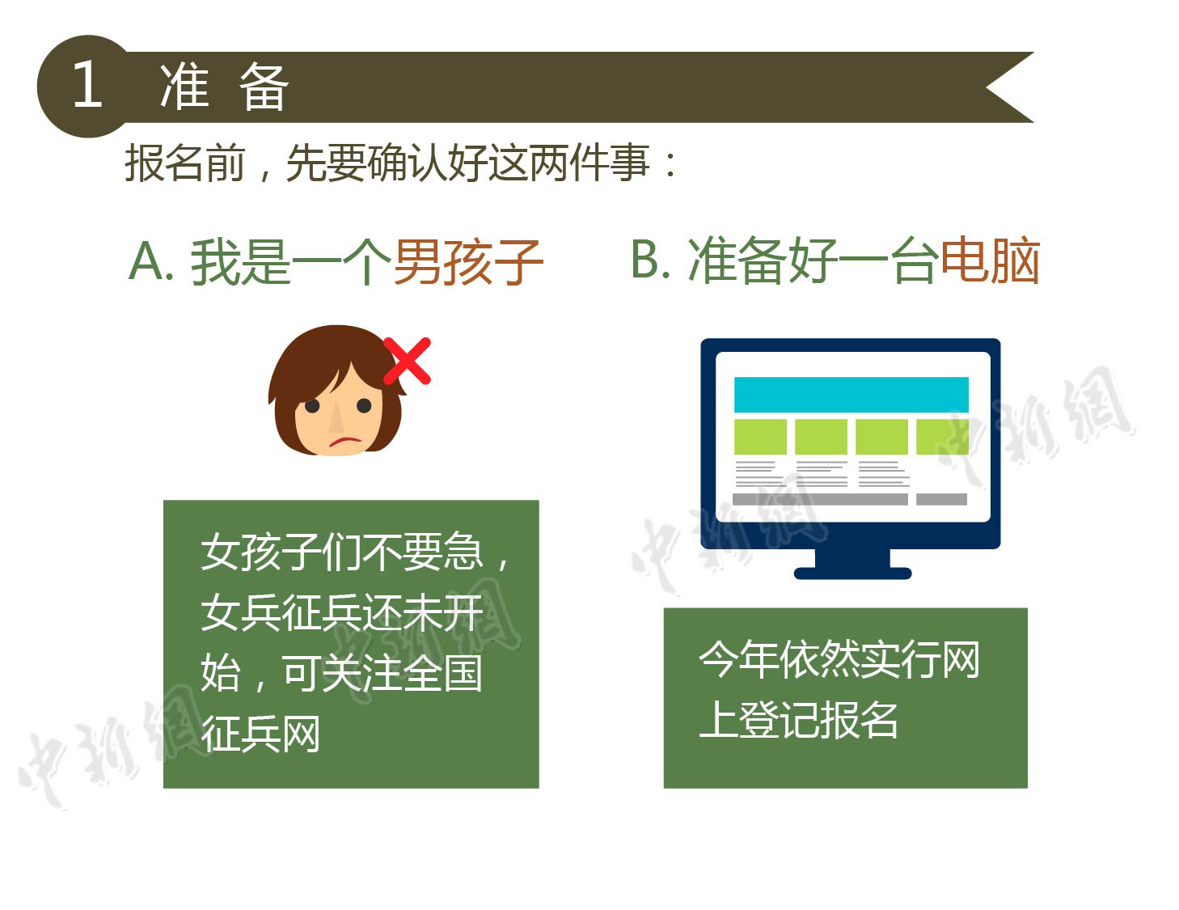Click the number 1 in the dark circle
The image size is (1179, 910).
click(x=88, y=83)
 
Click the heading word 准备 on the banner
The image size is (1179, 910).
click(x=224, y=87)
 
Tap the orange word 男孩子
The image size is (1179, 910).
click(x=467, y=263)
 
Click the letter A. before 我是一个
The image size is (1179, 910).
click(x=151, y=261)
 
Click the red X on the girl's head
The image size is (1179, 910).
click(x=407, y=361)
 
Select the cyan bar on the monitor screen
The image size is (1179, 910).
click(x=851, y=395)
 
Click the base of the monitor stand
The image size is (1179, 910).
click(x=852, y=573)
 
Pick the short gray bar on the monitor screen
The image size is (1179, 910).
click(x=941, y=499)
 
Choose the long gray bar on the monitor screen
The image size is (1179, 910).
click(x=820, y=499)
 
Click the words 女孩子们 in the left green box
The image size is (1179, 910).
click(x=281, y=552)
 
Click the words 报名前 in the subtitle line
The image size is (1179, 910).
click(x=184, y=163)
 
